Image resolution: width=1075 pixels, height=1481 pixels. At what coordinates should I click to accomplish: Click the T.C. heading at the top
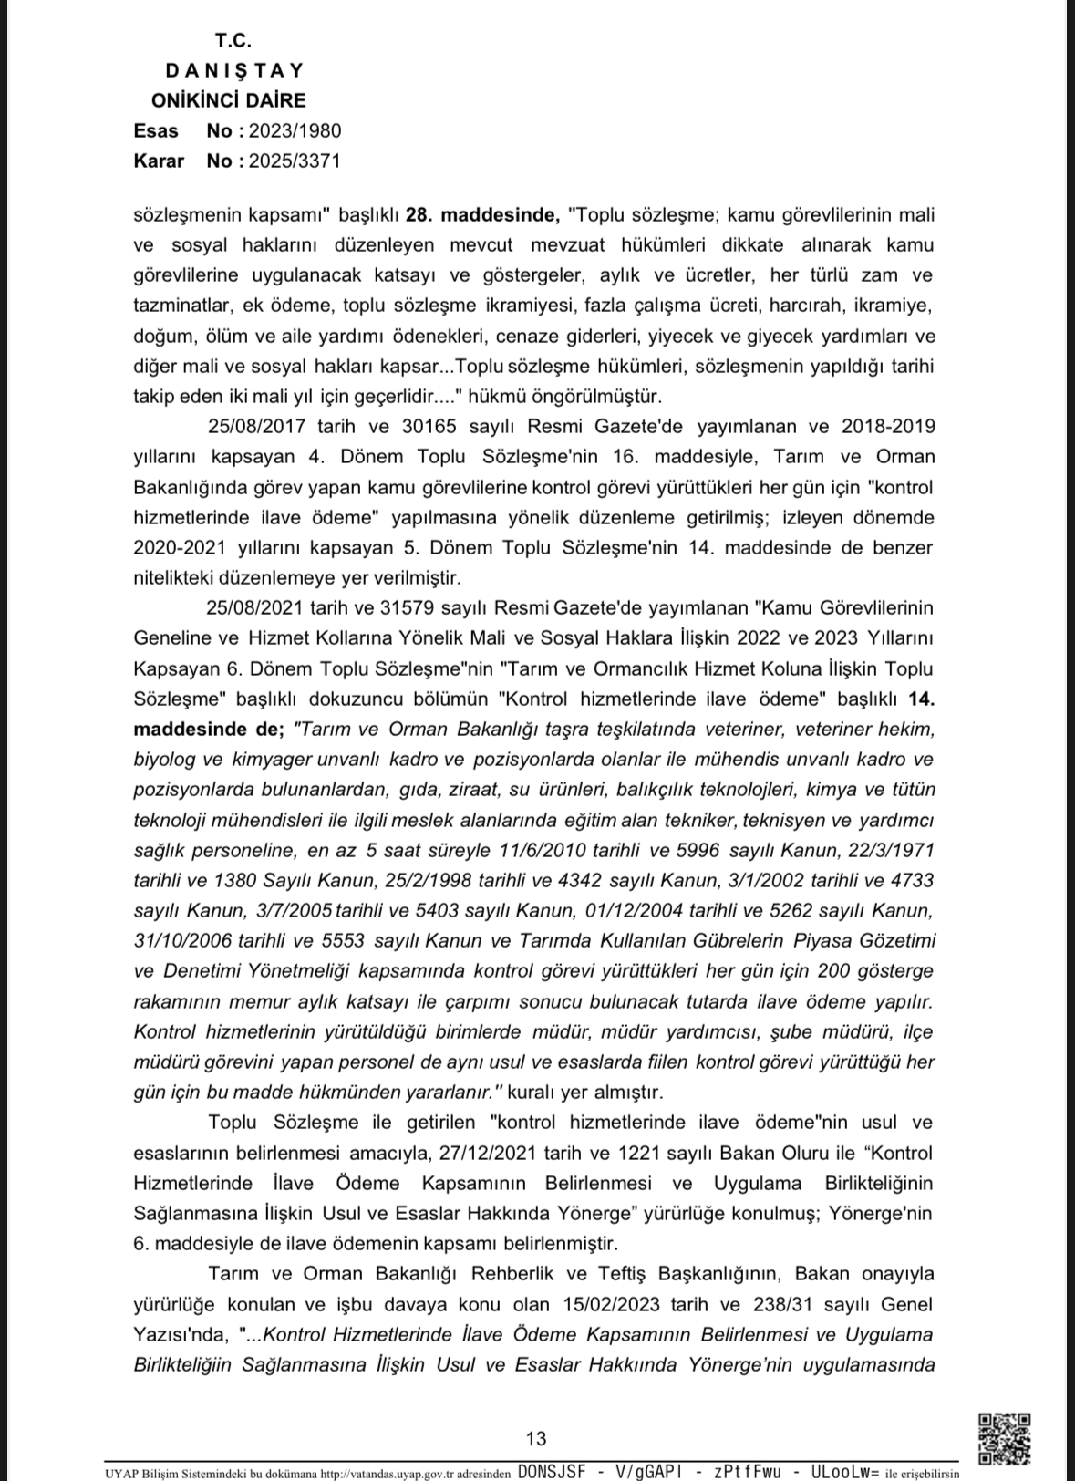(233, 40)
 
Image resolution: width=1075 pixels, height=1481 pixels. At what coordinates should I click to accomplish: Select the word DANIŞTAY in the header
(235, 70)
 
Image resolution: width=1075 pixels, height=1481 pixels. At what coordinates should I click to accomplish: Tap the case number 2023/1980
(302, 130)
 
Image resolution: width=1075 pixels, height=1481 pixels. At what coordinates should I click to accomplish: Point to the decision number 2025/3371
(301, 161)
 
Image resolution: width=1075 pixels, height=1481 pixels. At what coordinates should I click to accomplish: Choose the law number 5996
(698, 851)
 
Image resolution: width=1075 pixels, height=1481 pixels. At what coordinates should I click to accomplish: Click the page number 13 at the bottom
(536, 1439)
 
